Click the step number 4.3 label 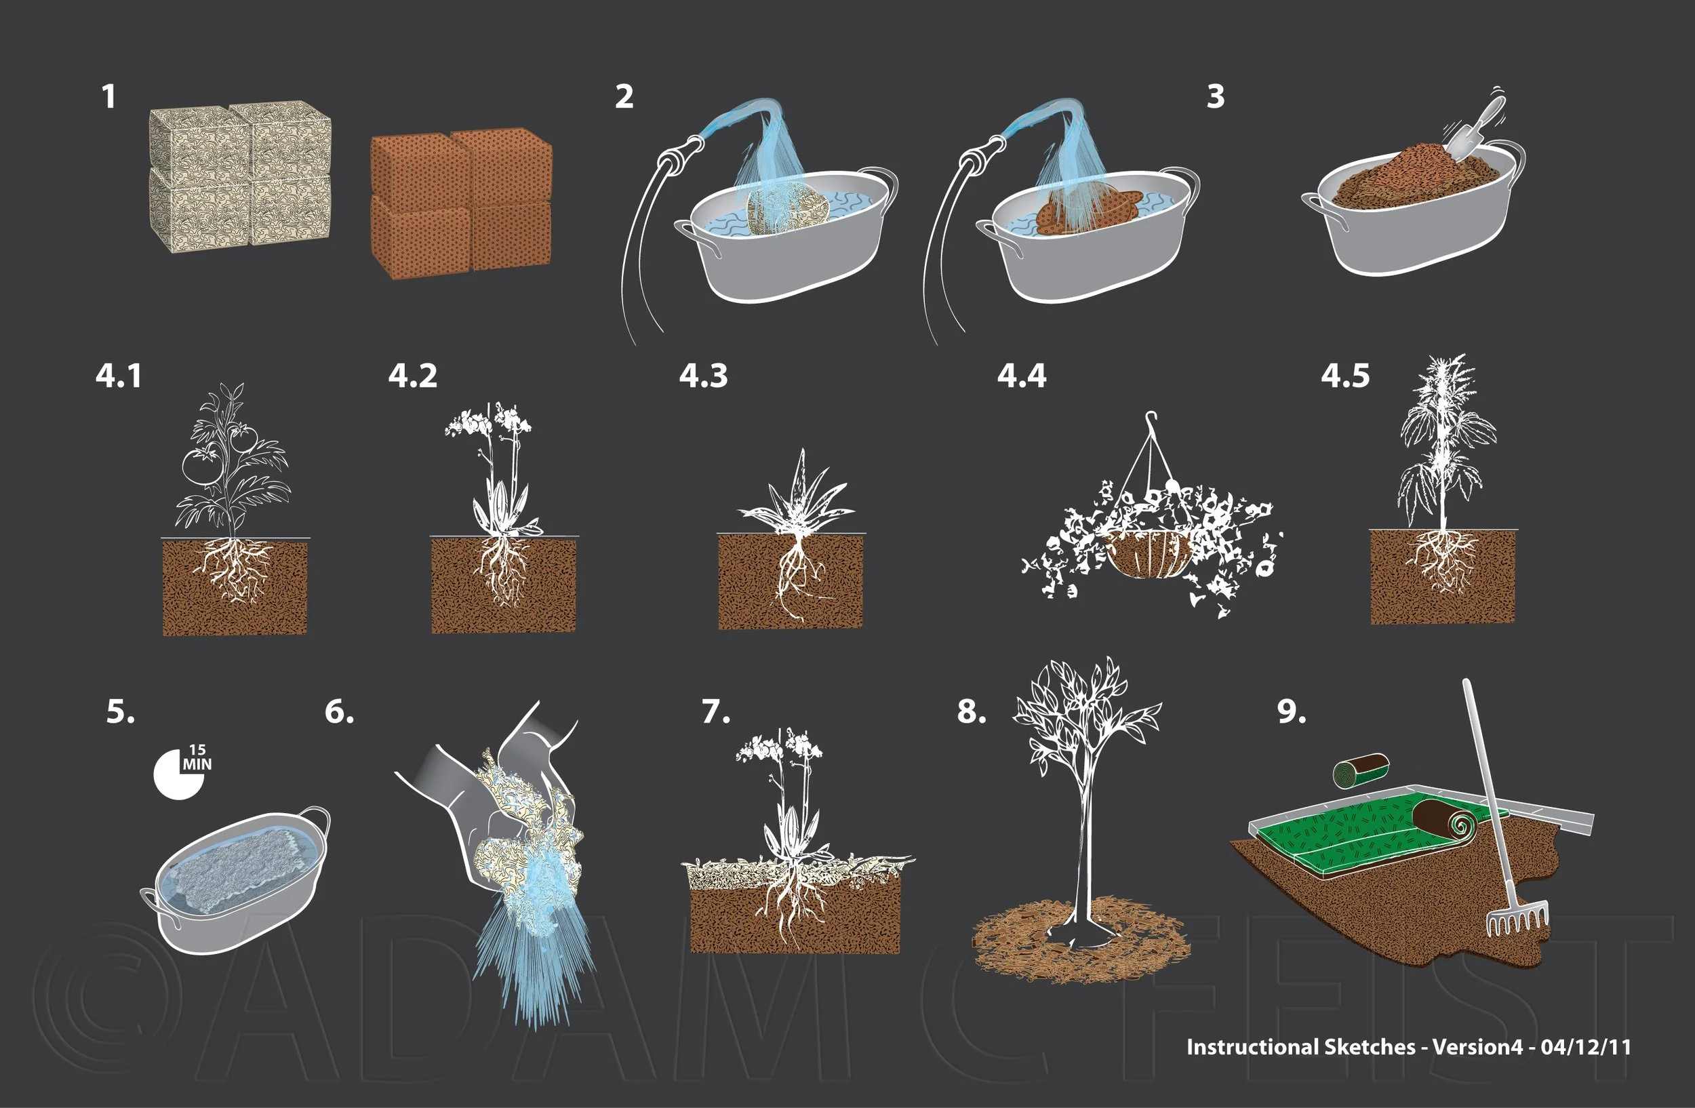[x=703, y=375]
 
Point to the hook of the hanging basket [x=1150, y=418]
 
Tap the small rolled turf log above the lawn [x=1361, y=771]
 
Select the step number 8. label [x=972, y=711]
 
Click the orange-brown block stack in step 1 [x=462, y=203]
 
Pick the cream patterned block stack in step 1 [x=240, y=176]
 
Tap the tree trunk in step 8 [x=1084, y=854]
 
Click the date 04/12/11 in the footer [x=1585, y=1046]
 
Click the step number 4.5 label [x=1344, y=375]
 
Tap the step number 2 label [x=624, y=97]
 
